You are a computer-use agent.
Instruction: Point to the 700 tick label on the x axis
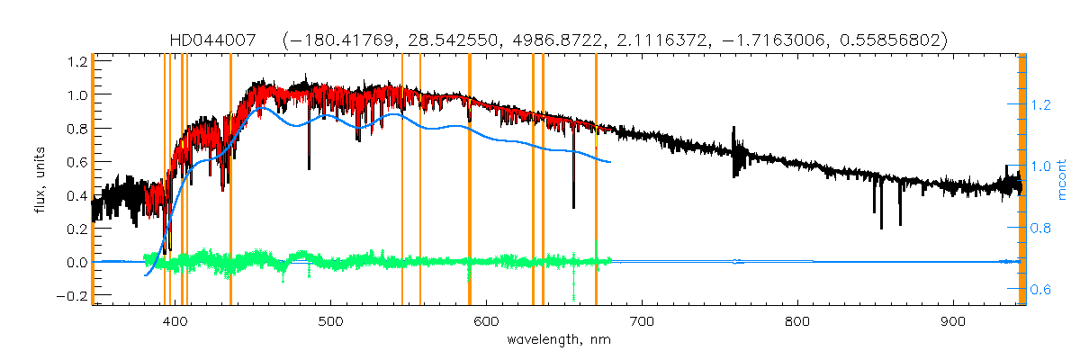(642, 321)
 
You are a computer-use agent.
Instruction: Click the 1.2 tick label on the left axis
(76, 61)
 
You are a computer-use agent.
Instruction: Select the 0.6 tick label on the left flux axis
(76, 162)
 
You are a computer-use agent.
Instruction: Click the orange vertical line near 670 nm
(596, 180)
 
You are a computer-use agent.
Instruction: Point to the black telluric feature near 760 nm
(735, 157)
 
